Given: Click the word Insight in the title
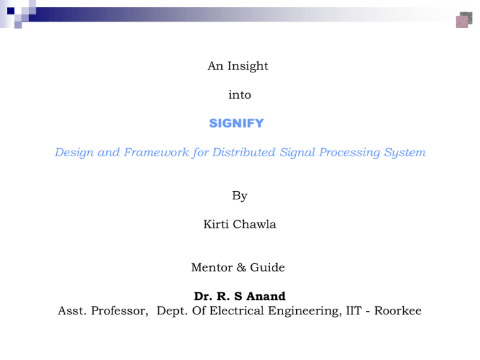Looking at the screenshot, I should click(249, 66).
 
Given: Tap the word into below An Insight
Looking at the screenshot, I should click(239, 95).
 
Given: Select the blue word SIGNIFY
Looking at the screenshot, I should click(236, 124).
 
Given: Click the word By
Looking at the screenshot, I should click(239, 196).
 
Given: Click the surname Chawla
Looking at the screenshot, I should click(256, 224).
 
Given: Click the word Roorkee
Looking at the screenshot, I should click(399, 311).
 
